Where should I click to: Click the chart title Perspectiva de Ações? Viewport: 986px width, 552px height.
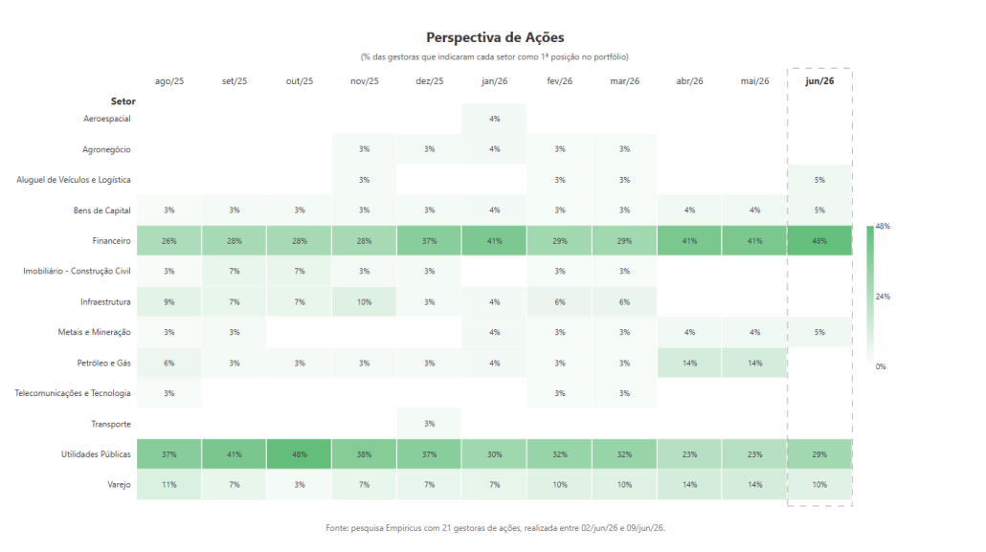coord(495,37)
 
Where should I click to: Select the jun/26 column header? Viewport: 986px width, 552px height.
coord(819,81)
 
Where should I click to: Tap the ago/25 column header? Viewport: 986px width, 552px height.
coord(169,81)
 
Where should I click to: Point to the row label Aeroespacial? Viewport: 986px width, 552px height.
coord(107,119)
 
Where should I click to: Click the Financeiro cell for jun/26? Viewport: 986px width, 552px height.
coord(819,241)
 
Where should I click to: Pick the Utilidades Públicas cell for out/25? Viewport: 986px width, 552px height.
coord(300,453)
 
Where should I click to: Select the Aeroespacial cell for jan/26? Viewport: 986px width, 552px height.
coord(494,119)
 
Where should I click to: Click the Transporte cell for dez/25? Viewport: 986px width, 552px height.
coord(430,424)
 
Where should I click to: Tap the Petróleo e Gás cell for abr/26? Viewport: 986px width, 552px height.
coord(690,363)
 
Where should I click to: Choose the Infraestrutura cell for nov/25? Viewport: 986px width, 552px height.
coord(364,301)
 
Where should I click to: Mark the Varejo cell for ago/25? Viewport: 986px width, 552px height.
coord(169,485)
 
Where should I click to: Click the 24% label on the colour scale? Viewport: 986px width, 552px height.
coord(883,297)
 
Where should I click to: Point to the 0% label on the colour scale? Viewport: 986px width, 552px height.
coord(881,366)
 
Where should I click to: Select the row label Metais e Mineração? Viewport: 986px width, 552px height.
coord(95,332)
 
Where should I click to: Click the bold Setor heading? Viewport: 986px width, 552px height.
coord(123,101)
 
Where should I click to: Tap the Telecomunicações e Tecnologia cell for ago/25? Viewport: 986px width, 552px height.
coord(169,393)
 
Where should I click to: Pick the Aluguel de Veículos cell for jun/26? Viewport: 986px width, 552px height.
coord(819,180)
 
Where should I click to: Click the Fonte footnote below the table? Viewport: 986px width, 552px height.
coord(495,528)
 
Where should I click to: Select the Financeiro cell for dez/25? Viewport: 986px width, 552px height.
coord(430,241)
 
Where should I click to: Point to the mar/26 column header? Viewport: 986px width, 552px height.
coord(624,81)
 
